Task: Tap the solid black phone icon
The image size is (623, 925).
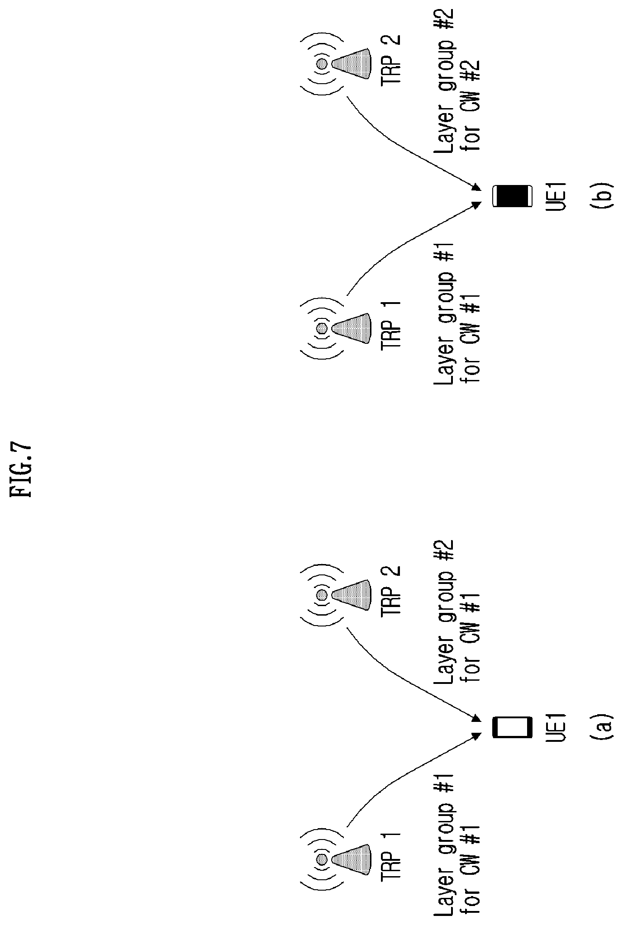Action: point(511,195)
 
